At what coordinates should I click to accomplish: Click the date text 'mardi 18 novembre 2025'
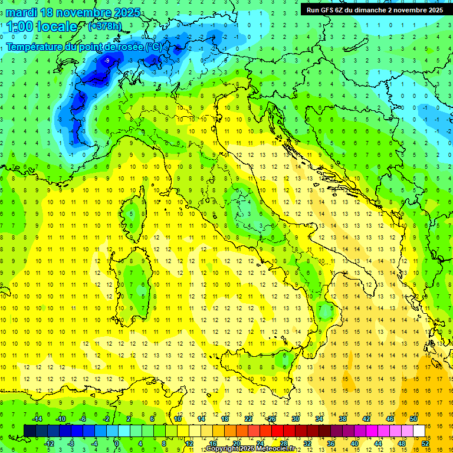(73, 12)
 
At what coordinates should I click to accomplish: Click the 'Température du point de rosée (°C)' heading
(84, 47)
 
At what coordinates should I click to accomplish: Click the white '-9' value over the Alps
(107, 61)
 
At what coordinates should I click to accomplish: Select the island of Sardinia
(135, 283)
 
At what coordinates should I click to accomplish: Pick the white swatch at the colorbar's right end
(419, 431)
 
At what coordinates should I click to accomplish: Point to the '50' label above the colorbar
(413, 419)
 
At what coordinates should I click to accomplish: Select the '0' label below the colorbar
(116, 444)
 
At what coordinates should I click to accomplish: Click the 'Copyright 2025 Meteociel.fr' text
(251, 449)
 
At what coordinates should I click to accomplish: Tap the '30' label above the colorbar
(296, 419)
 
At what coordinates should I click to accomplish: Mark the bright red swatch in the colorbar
(277, 431)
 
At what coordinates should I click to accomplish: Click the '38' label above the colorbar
(343, 419)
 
